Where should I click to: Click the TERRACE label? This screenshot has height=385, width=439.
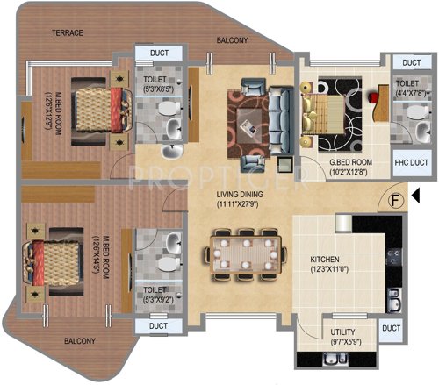[67, 32]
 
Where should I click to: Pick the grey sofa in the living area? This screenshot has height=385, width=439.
[280, 111]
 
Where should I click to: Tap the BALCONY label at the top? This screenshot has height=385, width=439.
[234, 40]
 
